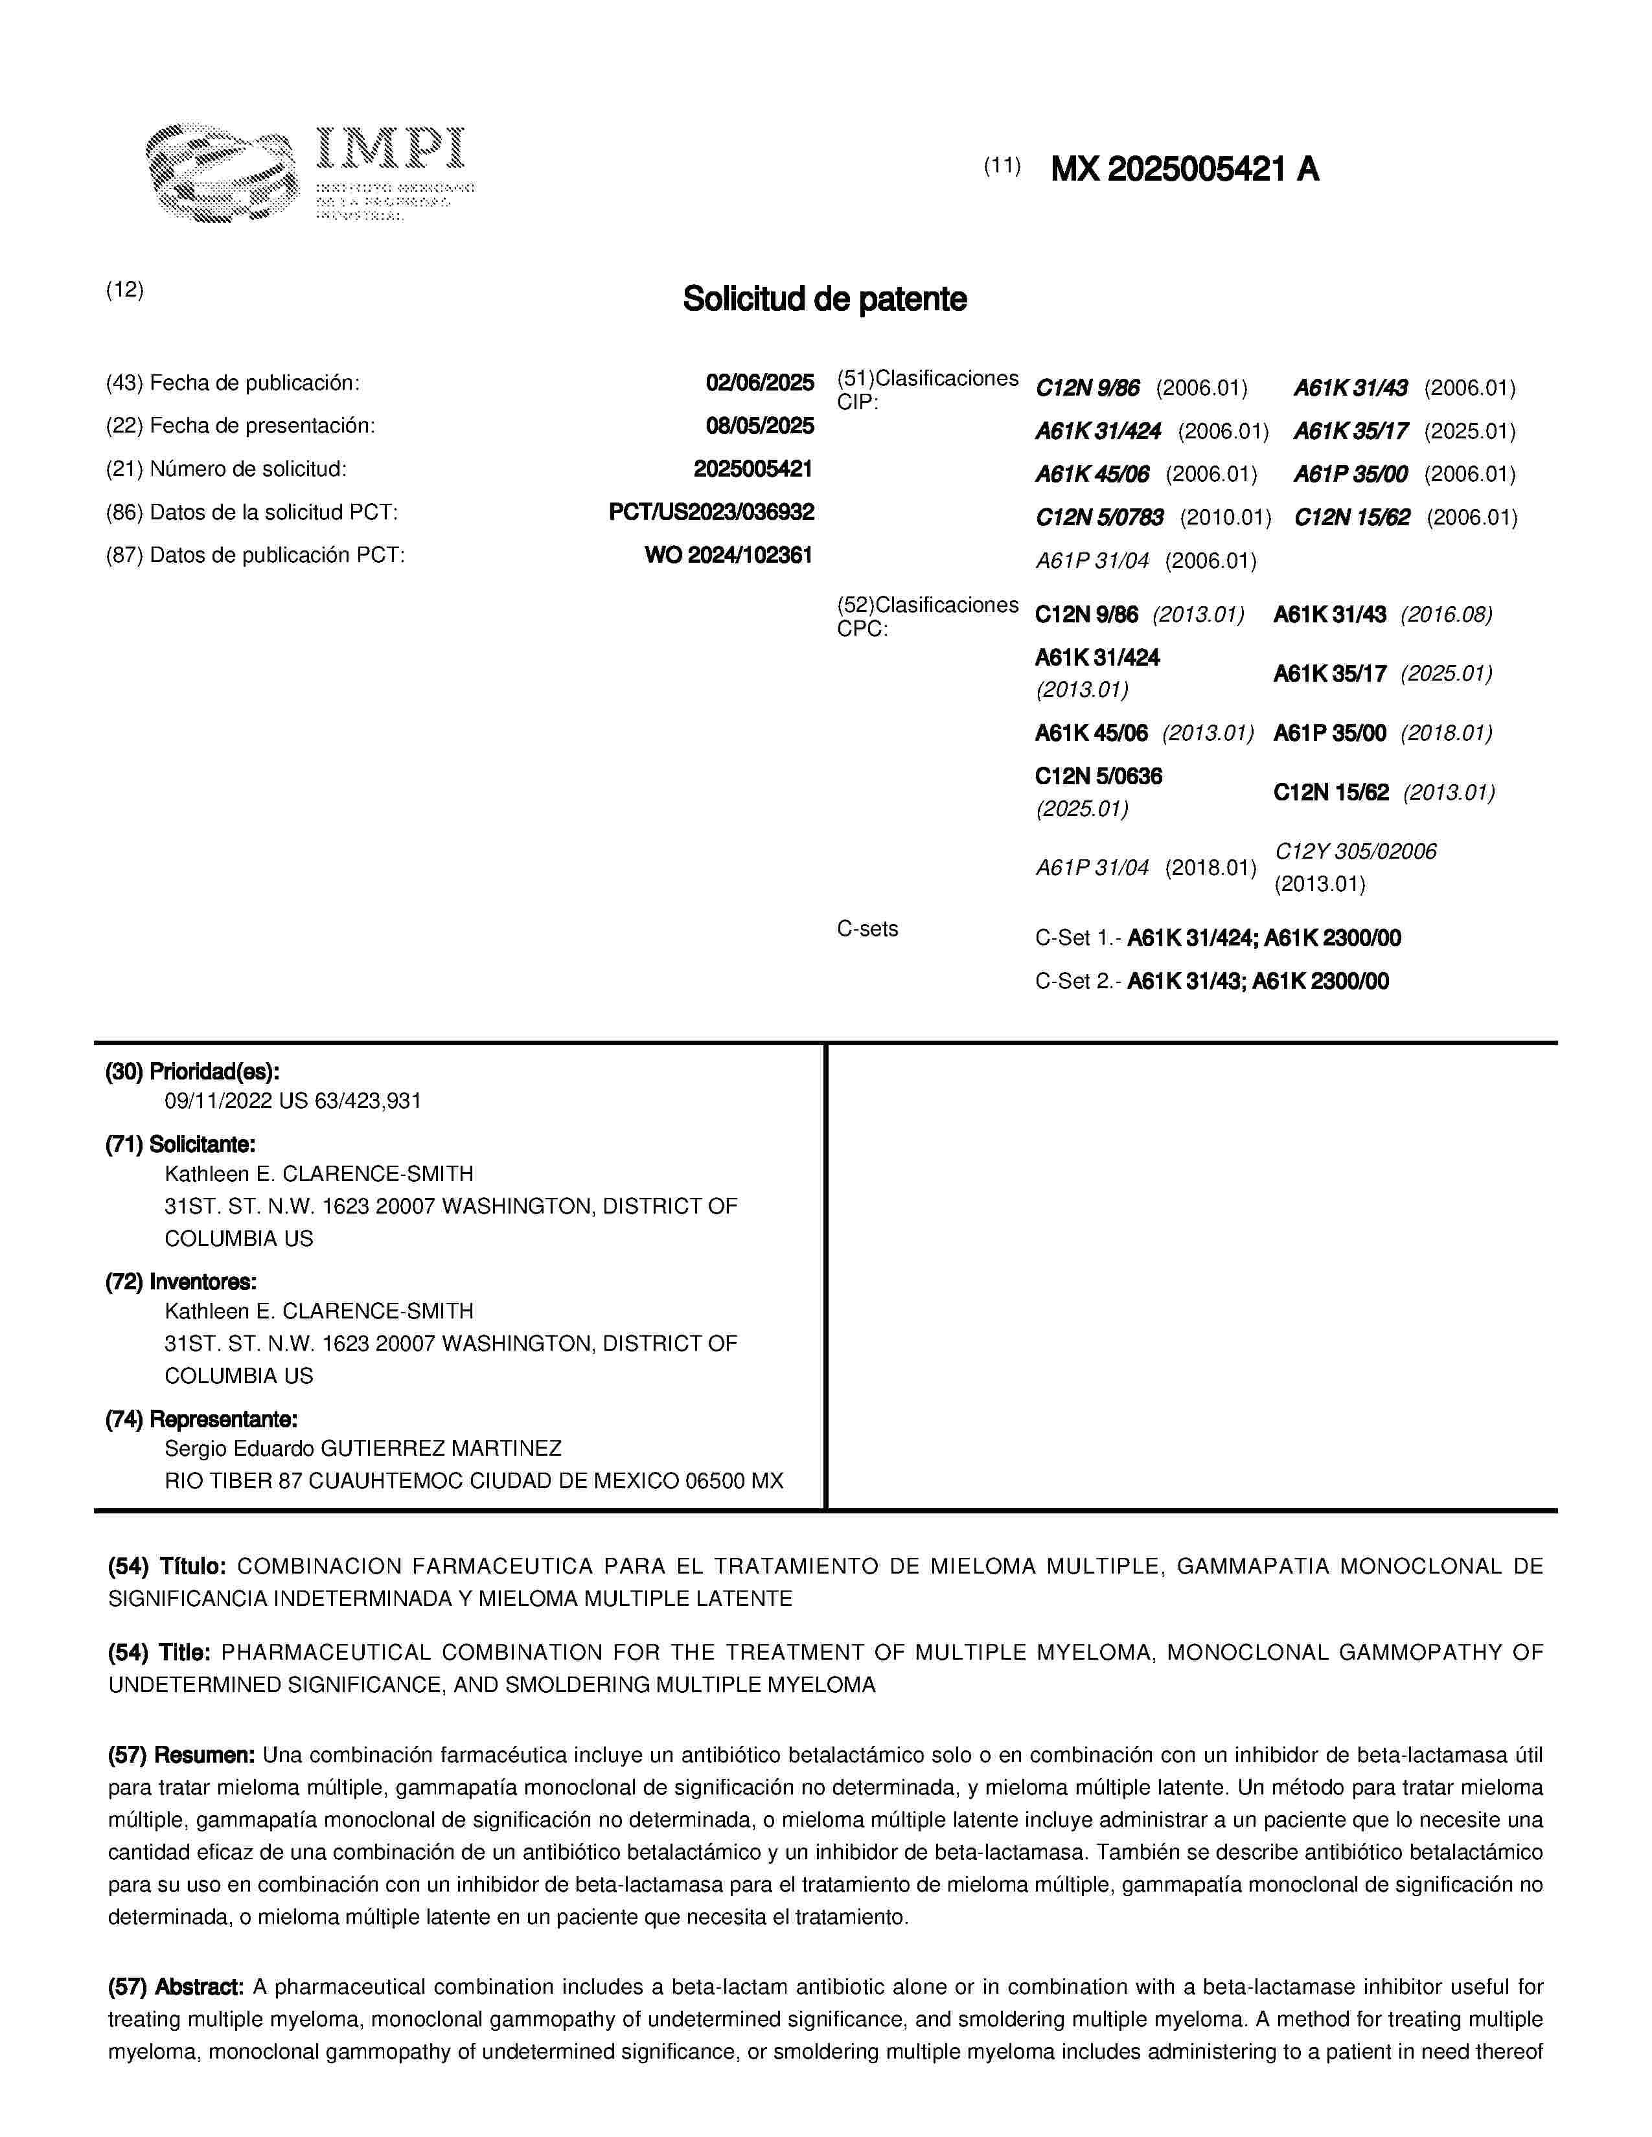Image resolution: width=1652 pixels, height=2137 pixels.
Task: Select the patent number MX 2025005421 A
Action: (x=1184, y=170)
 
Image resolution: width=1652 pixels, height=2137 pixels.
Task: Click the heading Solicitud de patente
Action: (x=824, y=299)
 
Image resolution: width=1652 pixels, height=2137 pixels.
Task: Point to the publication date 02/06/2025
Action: (x=759, y=383)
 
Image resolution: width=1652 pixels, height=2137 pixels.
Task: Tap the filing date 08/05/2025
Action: (x=759, y=425)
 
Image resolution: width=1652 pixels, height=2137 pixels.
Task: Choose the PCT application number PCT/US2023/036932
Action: (x=711, y=512)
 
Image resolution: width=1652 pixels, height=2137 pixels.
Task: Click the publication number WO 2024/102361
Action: (x=728, y=555)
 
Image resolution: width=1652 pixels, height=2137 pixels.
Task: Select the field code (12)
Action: (x=124, y=289)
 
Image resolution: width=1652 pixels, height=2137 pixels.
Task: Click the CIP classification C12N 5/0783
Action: (x=1099, y=517)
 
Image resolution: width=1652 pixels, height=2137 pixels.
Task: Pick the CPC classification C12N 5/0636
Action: (x=1098, y=777)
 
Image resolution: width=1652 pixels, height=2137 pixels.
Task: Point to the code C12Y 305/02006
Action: (x=1355, y=852)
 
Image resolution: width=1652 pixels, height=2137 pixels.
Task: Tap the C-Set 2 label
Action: (x=1079, y=982)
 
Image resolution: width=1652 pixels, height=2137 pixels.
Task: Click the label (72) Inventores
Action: (x=180, y=1281)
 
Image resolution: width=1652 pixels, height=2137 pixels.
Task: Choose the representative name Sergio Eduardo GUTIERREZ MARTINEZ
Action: (x=362, y=1447)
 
